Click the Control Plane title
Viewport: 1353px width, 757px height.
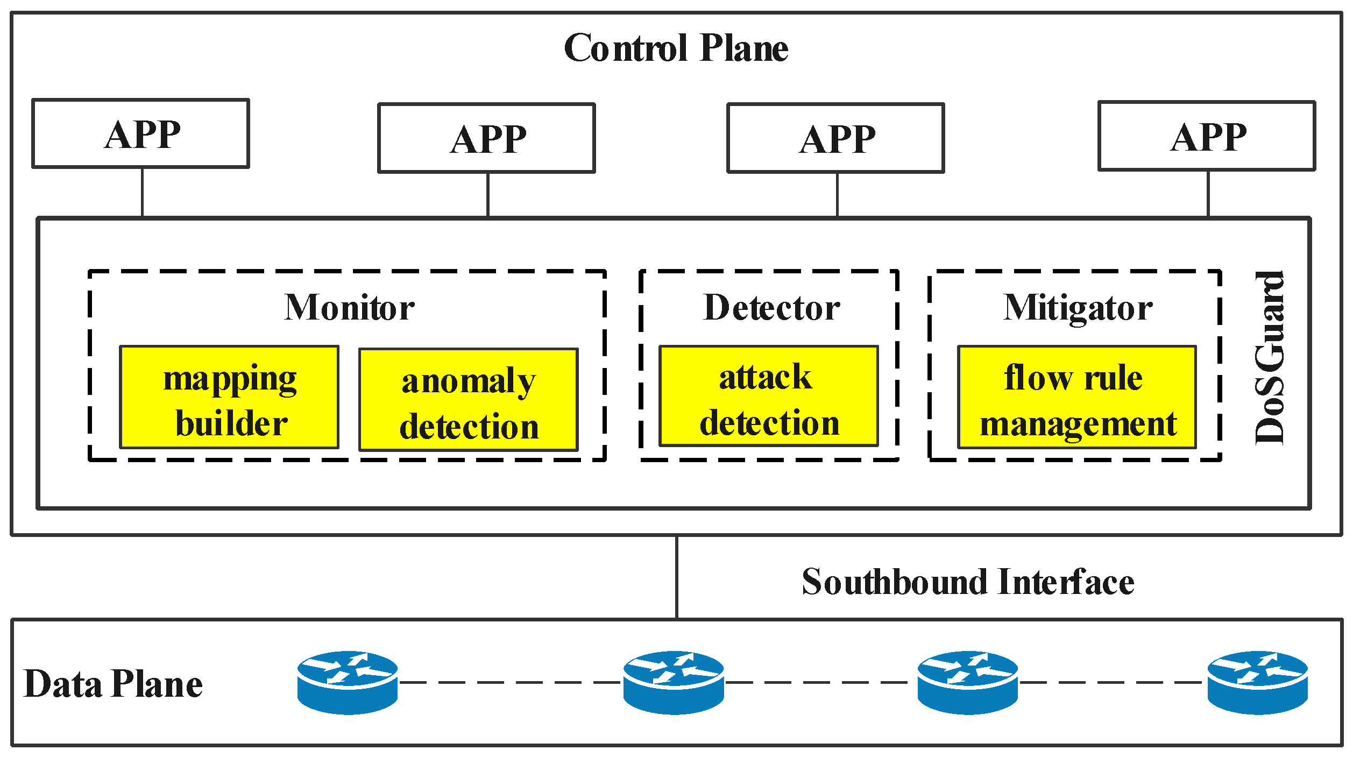click(x=676, y=48)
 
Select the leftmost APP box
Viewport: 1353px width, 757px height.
click(x=141, y=133)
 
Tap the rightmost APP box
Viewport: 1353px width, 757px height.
click(x=1207, y=136)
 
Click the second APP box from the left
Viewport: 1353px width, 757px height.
click(x=486, y=138)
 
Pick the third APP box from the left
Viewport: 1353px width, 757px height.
click(x=835, y=138)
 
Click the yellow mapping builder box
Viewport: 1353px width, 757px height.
click(x=229, y=397)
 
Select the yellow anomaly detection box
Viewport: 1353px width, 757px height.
click(x=469, y=400)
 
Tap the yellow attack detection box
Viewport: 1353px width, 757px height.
click(x=769, y=396)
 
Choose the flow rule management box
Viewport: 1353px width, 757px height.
click(x=1077, y=397)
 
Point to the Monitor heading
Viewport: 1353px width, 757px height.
click(x=349, y=307)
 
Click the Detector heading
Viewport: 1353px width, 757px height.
click(x=771, y=307)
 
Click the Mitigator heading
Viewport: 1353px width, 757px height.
click(x=1078, y=307)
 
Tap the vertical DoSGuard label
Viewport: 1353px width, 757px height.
click(x=1270, y=358)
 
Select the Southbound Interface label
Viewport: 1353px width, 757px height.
click(x=967, y=582)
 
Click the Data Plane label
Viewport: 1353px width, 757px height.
click(x=113, y=684)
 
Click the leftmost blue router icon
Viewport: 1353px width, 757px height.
click(x=348, y=682)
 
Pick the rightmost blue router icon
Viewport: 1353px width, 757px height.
click(x=1258, y=682)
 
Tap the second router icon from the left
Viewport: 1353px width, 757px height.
click(x=674, y=682)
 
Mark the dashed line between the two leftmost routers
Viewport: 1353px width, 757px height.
click(x=510, y=682)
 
